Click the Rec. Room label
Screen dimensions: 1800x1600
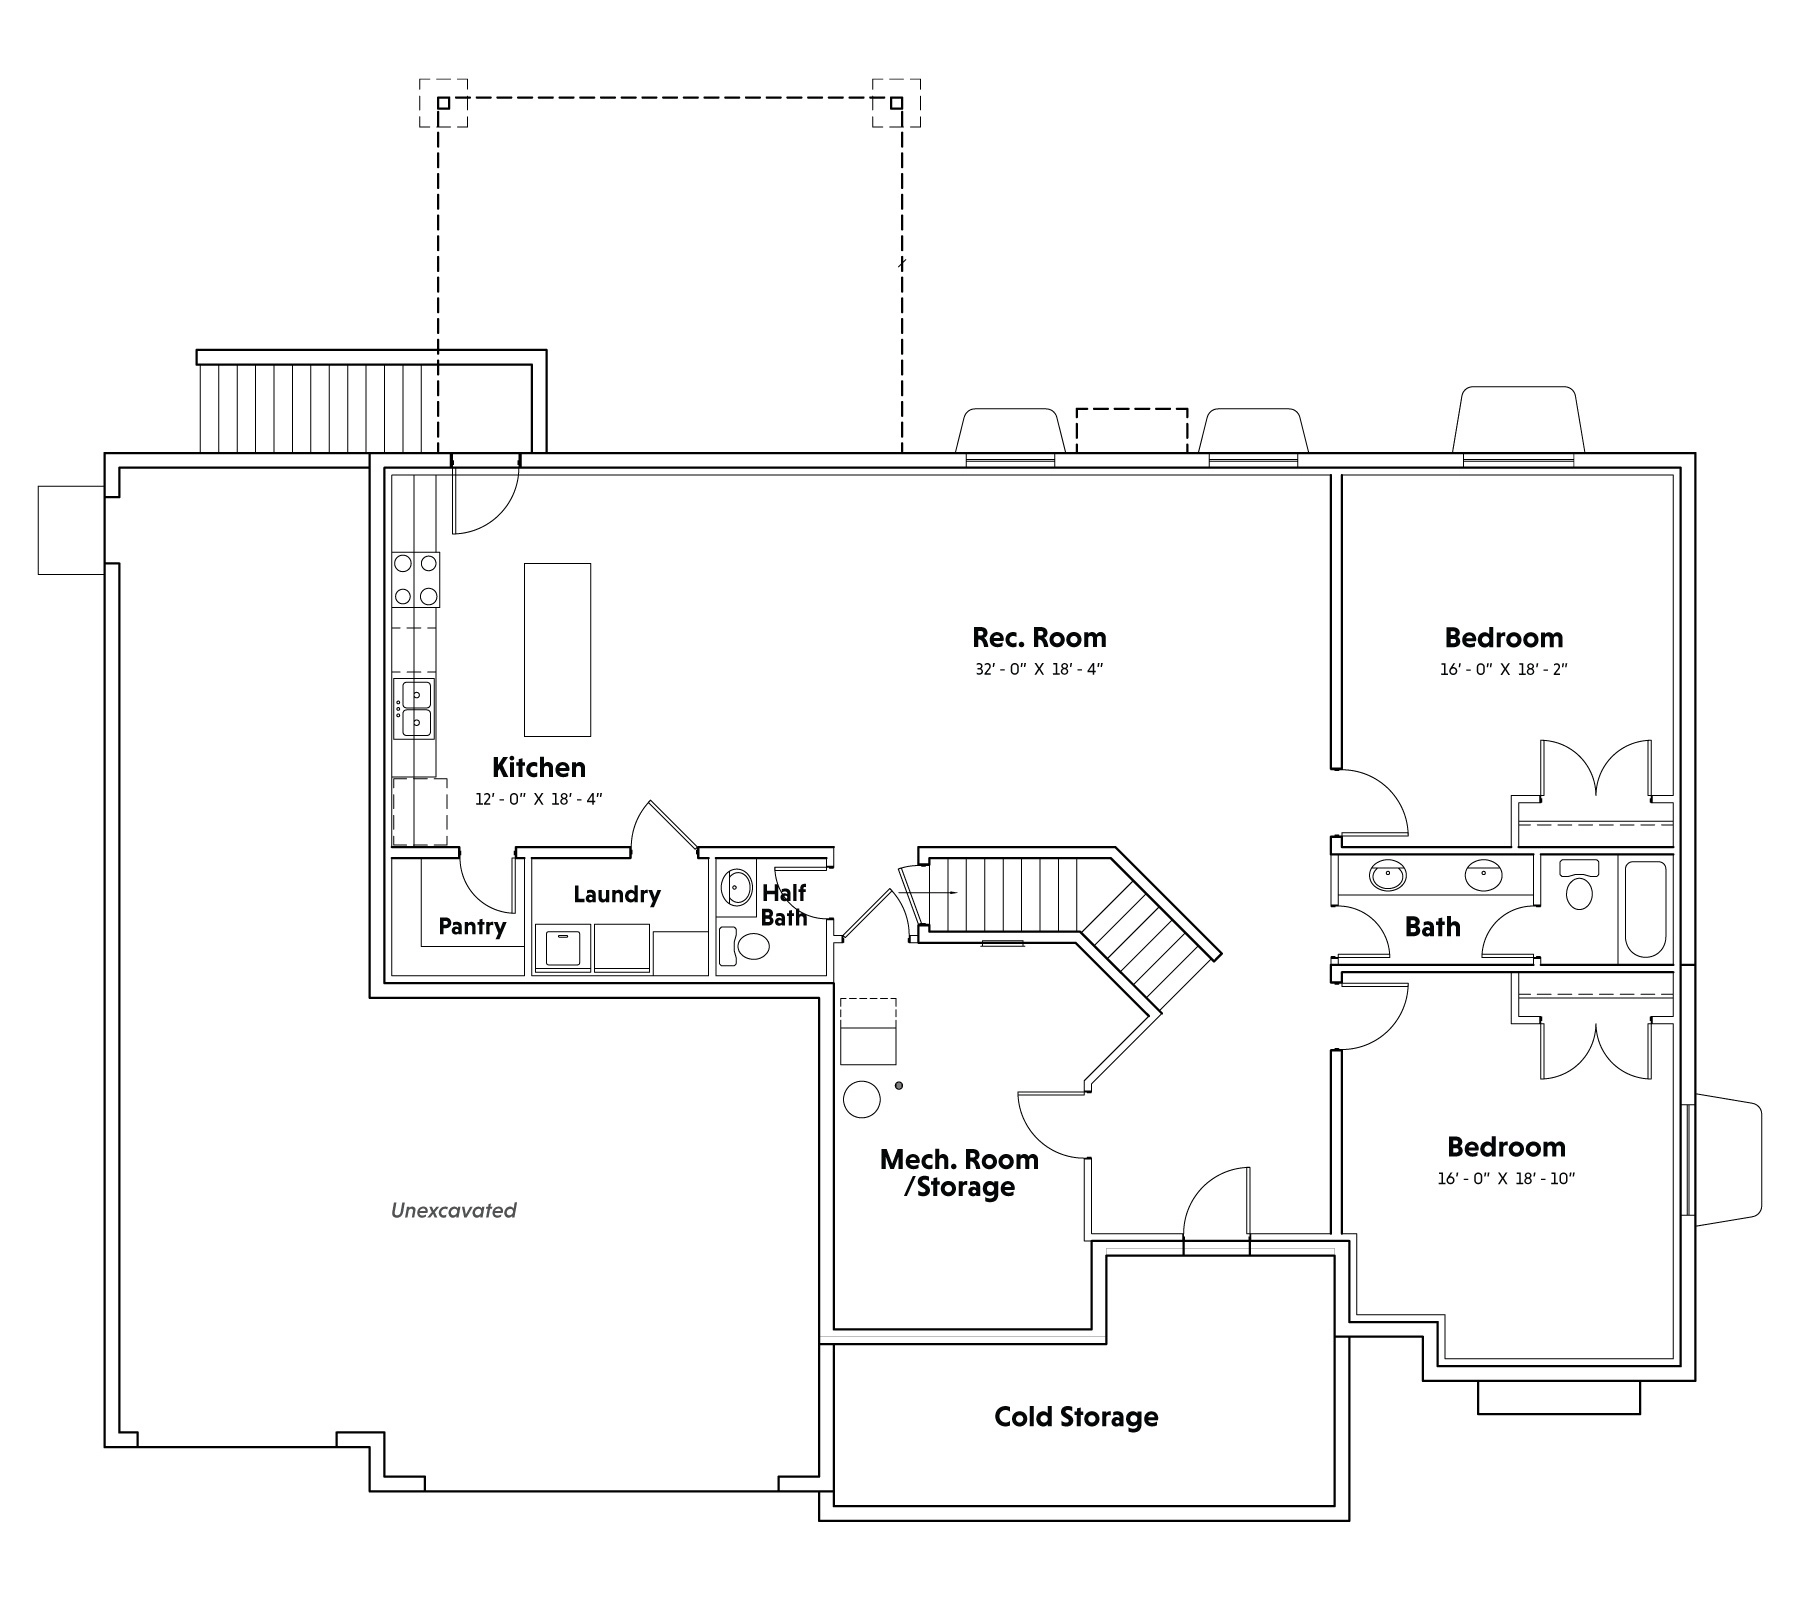click(1039, 638)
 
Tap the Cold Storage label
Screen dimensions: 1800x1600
click(1076, 1417)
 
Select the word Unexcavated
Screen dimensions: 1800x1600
click(453, 1210)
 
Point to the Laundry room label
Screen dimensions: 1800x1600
click(617, 894)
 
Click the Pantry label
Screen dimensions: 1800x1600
click(472, 927)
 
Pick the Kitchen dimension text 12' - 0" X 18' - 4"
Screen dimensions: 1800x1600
click(539, 799)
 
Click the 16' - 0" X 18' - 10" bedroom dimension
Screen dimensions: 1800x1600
click(1506, 1179)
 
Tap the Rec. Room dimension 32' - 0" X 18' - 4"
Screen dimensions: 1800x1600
click(1039, 669)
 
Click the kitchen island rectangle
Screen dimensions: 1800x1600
click(557, 650)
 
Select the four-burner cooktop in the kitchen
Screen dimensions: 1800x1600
click(416, 580)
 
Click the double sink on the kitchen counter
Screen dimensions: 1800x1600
click(414, 708)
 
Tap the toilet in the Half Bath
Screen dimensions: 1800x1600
click(744, 946)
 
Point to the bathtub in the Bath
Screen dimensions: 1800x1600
click(1645, 909)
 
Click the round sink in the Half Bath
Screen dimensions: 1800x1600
click(738, 886)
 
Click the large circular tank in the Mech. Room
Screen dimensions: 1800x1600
click(861, 1099)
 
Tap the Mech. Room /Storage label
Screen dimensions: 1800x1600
click(958, 1174)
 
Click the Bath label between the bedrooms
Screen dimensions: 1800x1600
click(1432, 927)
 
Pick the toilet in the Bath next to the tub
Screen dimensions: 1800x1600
click(1579, 884)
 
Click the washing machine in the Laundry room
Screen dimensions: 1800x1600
click(562, 949)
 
